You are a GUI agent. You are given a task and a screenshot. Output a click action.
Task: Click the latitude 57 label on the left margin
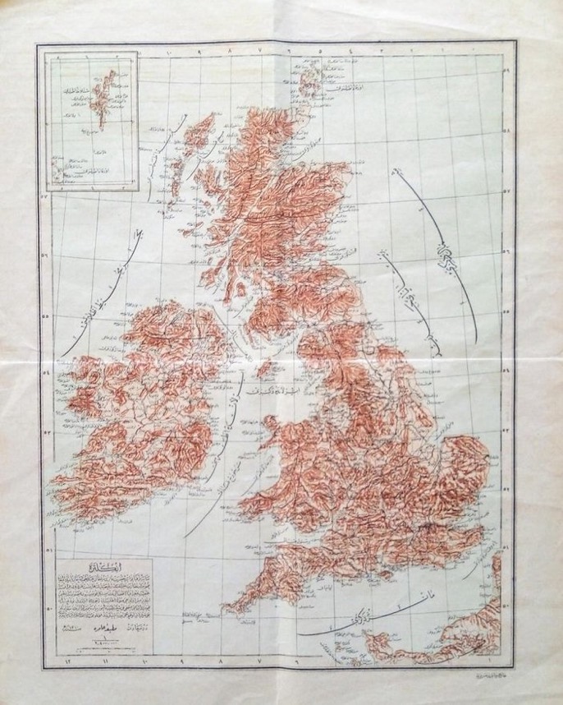point(45,196)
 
